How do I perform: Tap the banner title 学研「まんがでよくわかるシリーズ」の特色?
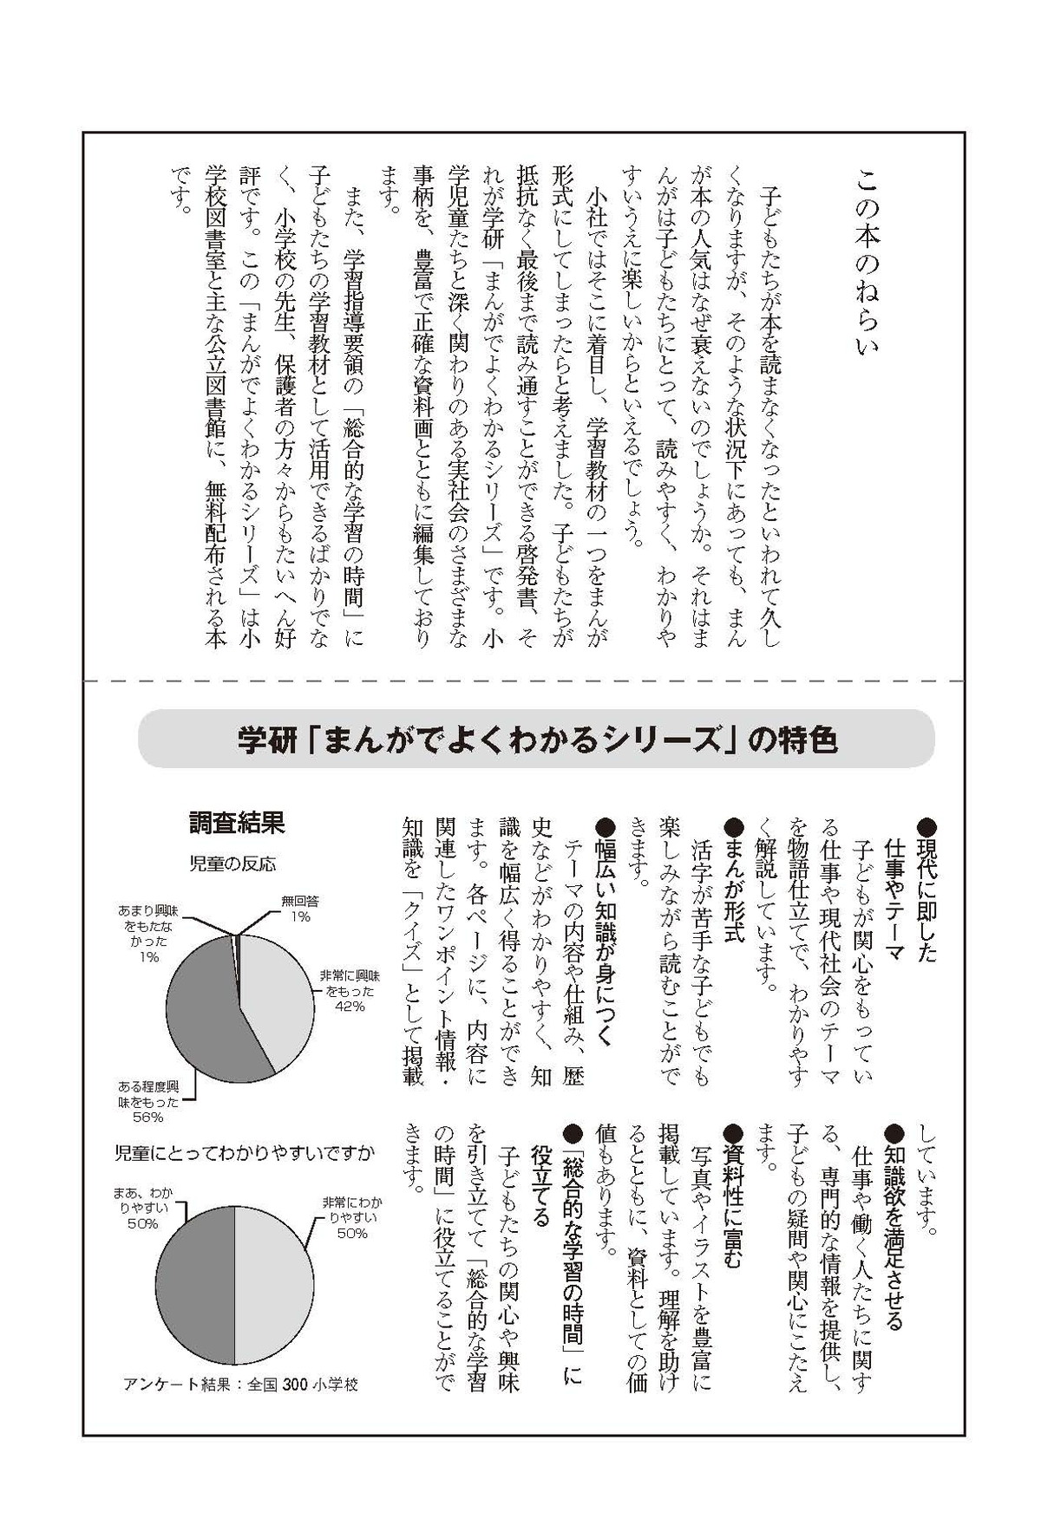click(537, 740)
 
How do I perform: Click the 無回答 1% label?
click(300, 908)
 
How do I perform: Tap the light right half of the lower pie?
click(273, 1283)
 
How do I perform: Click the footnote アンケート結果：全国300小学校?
click(240, 1385)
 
